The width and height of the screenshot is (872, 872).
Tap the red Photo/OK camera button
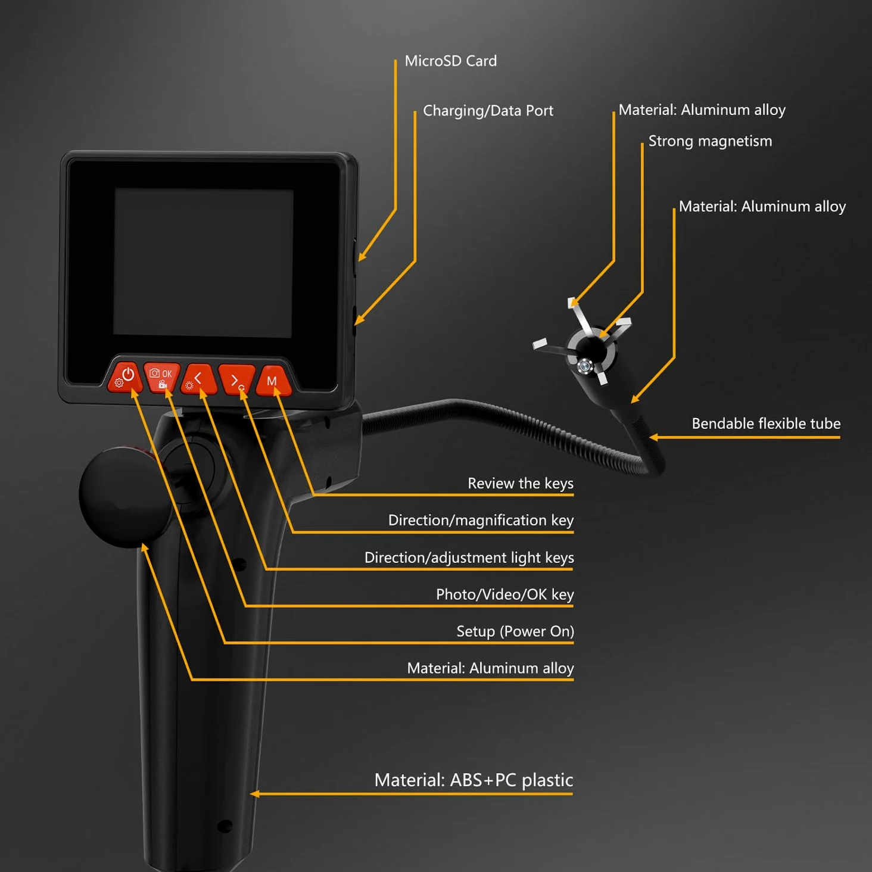161,377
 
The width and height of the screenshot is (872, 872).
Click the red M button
273,381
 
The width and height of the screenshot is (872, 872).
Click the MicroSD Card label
451,61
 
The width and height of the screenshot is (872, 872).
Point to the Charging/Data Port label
488,111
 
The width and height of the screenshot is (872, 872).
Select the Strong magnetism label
710,141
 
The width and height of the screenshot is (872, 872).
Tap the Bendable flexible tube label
766,423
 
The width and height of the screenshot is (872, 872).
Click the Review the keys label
521,483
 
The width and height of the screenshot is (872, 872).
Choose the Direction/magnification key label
481,521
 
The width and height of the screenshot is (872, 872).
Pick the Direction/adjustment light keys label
469,558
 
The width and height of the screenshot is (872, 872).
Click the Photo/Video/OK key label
504,594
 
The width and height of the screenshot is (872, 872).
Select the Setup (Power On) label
515,631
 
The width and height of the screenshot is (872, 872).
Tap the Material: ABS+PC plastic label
474,780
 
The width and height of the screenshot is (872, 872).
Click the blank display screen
203,263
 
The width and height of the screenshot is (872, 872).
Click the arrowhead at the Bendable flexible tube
653,437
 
